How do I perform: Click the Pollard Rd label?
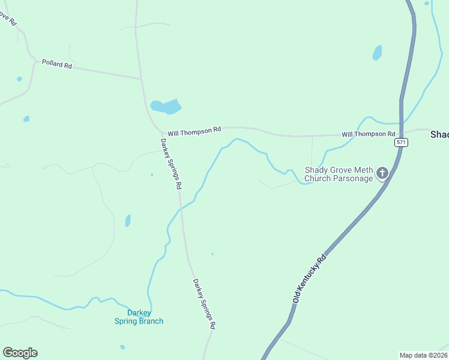(x=57, y=64)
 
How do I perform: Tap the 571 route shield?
(x=401, y=143)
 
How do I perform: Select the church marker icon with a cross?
(x=382, y=174)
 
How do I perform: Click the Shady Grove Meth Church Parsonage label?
(x=339, y=175)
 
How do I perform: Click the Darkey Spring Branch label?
(x=139, y=317)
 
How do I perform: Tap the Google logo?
(x=20, y=353)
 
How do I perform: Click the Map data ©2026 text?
(x=423, y=355)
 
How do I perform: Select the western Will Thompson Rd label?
(x=194, y=131)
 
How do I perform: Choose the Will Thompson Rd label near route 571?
(x=369, y=134)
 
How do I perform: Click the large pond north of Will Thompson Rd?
(x=166, y=107)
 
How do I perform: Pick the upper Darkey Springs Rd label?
(x=170, y=164)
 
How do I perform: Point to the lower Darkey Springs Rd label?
(x=204, y=304)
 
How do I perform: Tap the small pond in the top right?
(x=377, y=53)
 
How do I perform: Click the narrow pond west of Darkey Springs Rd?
(x=128, y=221)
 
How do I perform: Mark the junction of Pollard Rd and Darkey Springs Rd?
(x=141, y=79)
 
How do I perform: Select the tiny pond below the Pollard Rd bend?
(x=20, y=79)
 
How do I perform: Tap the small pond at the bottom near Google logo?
(x=122, y=347)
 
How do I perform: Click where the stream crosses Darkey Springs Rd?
(x=181, y=208)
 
